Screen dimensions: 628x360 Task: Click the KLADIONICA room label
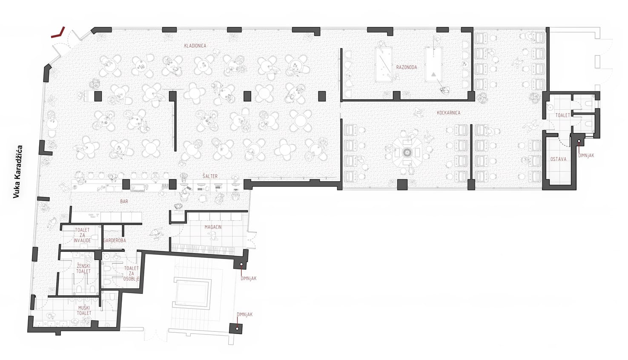pos(195,46)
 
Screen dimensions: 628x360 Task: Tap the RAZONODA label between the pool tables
pos(407,67)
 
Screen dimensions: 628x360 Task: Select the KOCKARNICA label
pos(449,113)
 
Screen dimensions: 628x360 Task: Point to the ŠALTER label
pos(210,176)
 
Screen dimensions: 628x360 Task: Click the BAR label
pos(124,202)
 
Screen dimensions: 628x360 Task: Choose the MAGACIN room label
pos(213,227)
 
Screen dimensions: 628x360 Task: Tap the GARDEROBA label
pos(115,240)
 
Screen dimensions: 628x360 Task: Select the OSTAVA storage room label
pos(558,159)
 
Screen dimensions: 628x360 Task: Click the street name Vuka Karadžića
pos(17,172)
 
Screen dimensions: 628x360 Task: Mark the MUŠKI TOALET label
pos(84,310)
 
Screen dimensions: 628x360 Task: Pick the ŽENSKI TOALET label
pos(83,268)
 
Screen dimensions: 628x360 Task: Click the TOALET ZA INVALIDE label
pos(82,235)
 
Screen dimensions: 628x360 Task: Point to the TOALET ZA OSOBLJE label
pos(131,274)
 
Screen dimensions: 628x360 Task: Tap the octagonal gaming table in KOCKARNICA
pos(407,153)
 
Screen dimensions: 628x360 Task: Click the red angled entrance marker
pos(58,32)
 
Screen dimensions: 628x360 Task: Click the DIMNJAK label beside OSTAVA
pos(586,155)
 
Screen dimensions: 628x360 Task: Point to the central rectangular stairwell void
pos(192,292)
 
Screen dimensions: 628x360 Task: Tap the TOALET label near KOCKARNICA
pos(563,115)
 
